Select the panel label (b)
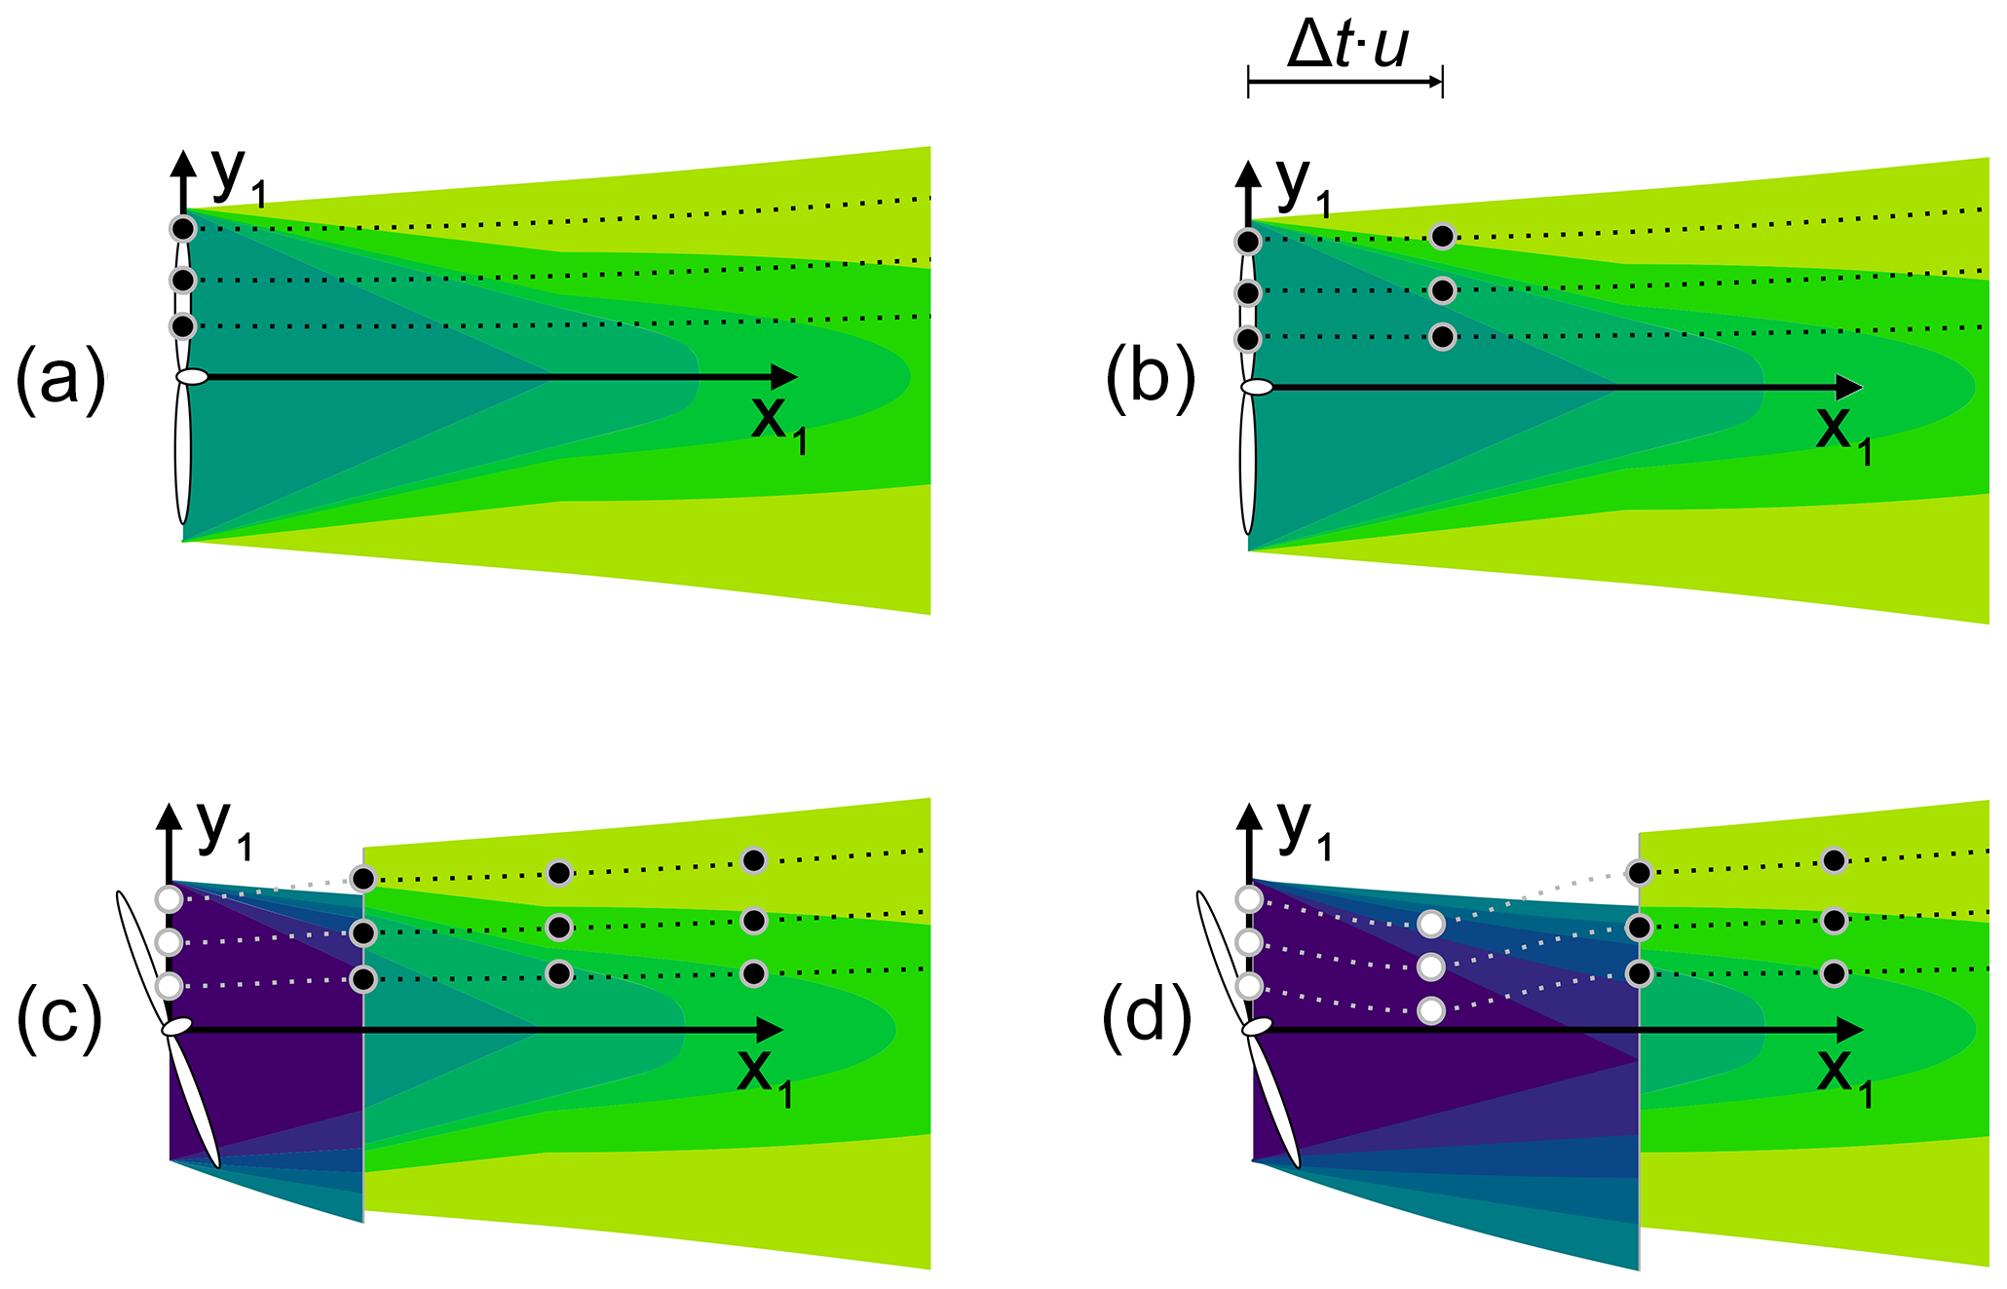pos(1150,378)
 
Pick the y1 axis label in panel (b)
pos(1302,185)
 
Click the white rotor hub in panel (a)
pos(192,377)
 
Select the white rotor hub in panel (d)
pos(1257,1027)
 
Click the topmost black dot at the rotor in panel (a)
pos(183,229)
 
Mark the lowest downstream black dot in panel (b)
pos(1443,337)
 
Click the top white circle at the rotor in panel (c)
pos(170,898)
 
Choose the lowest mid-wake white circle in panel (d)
pos(1430,1011)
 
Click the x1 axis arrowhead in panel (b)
pos(1848,388)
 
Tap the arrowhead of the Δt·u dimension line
pos(1436,83)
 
